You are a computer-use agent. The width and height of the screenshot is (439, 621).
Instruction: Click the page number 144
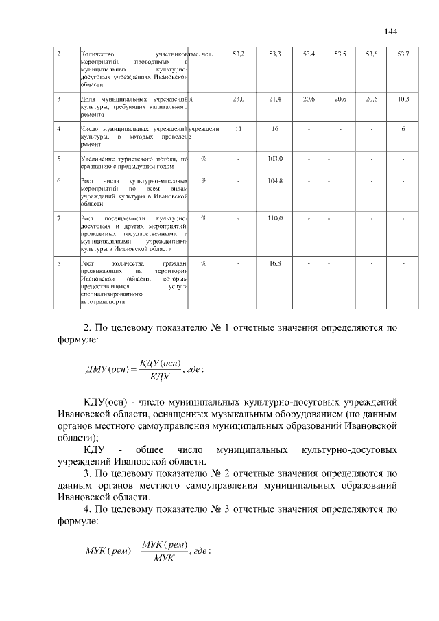pyautogui.click(x=391, y=32)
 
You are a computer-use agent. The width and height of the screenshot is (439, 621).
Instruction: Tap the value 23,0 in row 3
pyautogui.click(x=239, y=99)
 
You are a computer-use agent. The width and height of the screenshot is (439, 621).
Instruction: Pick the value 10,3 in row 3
pyautogui.click(x=403, y=99)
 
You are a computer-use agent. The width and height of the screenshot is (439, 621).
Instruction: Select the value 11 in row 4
pyautogui.click(x=238, y=129)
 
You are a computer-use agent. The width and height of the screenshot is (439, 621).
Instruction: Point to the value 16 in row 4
pyautogui.click(x=275, y=129)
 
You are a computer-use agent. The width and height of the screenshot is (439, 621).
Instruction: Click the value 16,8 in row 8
pyautogui.click(x=275, y=263)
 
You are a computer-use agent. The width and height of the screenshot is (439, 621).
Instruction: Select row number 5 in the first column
pyautogui.click(x=60, y=159)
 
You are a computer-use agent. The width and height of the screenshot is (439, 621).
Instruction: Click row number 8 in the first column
pyautogui.click(x=60, y=263)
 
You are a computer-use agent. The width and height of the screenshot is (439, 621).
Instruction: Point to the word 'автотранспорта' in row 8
pyautogui.click(x=102, y=301)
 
